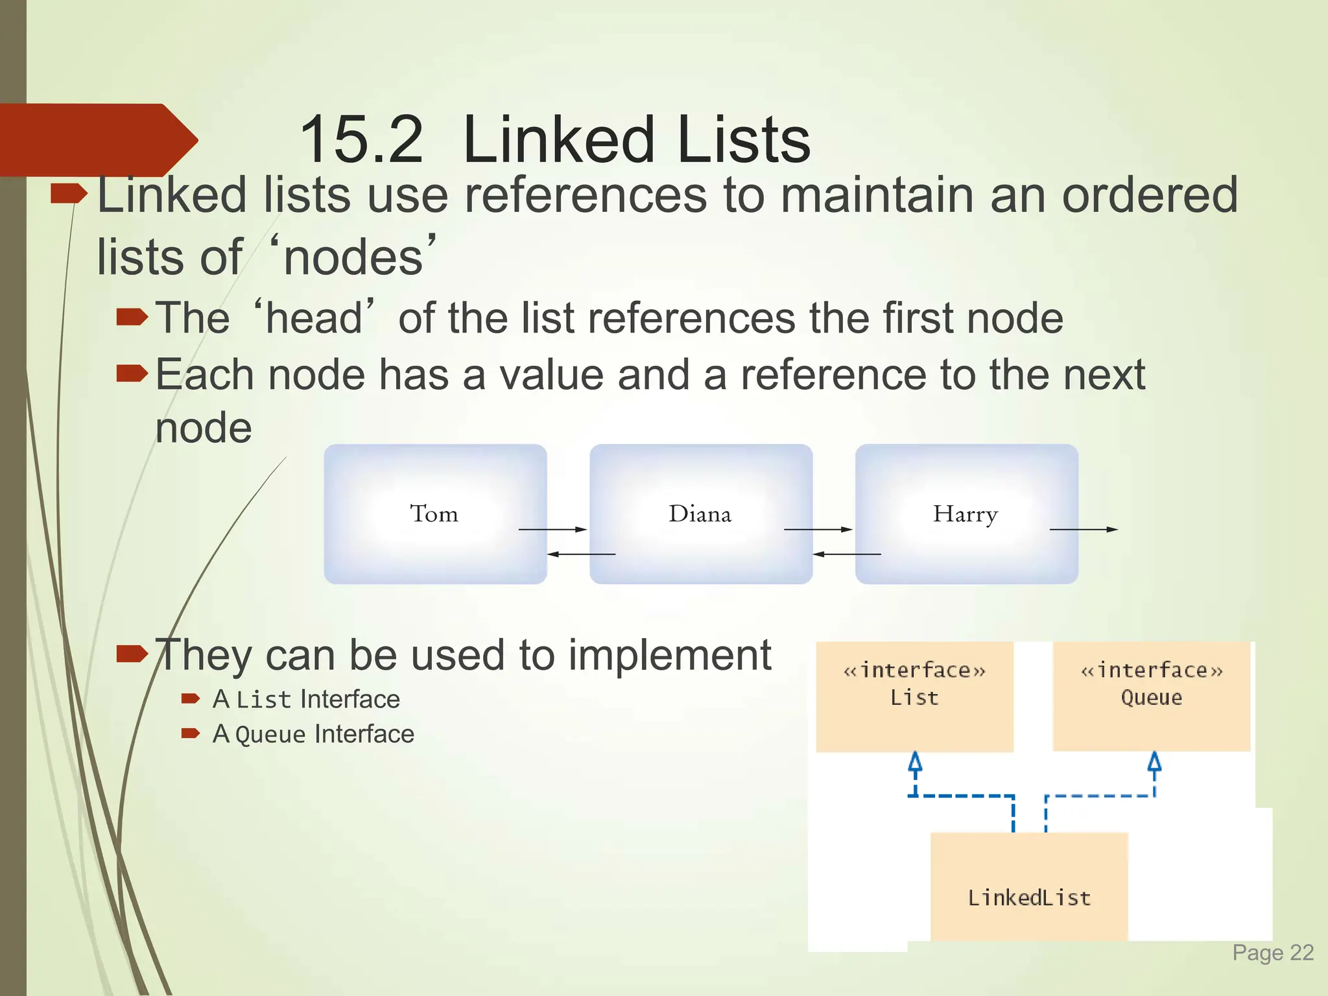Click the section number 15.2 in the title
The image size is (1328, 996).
pos(361,139)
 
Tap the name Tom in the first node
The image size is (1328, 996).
pos(434,514)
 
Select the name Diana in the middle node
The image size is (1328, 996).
pos(700,514)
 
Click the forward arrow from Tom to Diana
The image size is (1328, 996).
pos(552,529)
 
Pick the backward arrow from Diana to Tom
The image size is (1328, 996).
pos(580,554)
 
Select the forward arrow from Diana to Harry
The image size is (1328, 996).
pos(818,529)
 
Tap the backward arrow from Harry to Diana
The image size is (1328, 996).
pos(846,554)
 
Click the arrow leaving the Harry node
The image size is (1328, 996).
pos(1084,529)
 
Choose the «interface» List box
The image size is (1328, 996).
pos(914,696)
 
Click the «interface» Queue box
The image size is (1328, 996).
pos(1151,696)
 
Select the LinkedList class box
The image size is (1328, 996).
pos(1029,886)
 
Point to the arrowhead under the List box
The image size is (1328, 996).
pos(915,761)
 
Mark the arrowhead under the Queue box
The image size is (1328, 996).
pos(1154,761)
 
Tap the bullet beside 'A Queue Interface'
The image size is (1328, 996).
pos(191,733)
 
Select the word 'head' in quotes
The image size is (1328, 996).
pos(314,318)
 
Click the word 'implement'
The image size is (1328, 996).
pos(670,655)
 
